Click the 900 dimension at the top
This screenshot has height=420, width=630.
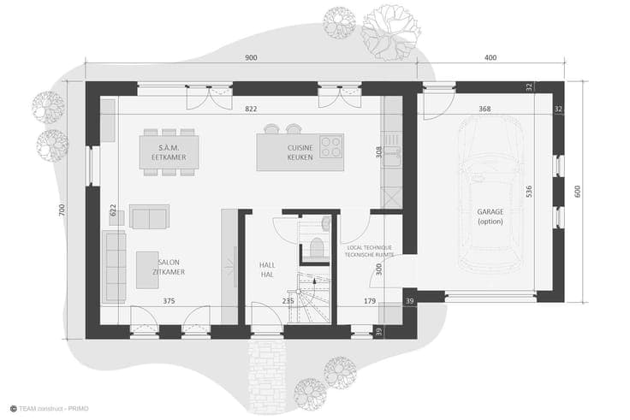tap(251, 58)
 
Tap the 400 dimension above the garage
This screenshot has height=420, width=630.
tap(490, 58)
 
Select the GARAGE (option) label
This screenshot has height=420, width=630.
tap(490, 216)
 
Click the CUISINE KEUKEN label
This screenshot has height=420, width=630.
tap(300, 152)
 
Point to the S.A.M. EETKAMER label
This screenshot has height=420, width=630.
tap(169, 152)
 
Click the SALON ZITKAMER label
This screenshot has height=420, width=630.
tap(169, 267)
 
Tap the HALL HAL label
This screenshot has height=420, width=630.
tap(267, 269)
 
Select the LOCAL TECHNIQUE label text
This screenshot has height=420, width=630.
tap(369, 248)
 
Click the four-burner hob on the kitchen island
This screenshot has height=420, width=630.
tap(331, 146)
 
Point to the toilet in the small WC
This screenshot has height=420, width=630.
tap(317, 247)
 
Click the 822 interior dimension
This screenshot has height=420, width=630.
tap(251, 109)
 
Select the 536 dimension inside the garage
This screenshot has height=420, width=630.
tap(529, 191)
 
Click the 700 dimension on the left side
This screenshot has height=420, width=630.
tap(62, 210)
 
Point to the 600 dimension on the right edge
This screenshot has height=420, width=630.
tap(578, 192)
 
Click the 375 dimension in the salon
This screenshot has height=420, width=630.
tap(169, 301)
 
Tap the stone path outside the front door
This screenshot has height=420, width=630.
tap(267, 376)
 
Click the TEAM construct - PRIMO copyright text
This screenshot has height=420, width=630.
tap(50, 409)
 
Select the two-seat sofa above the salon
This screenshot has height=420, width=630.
tap(149, 216)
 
